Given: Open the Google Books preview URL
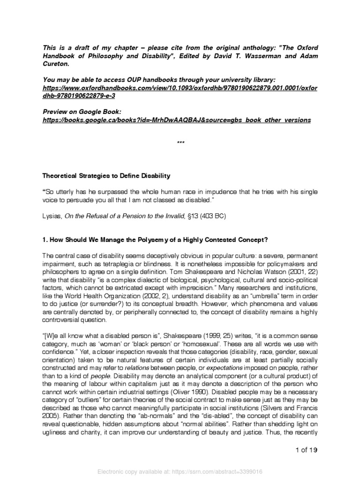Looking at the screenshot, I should coord(176,120).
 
